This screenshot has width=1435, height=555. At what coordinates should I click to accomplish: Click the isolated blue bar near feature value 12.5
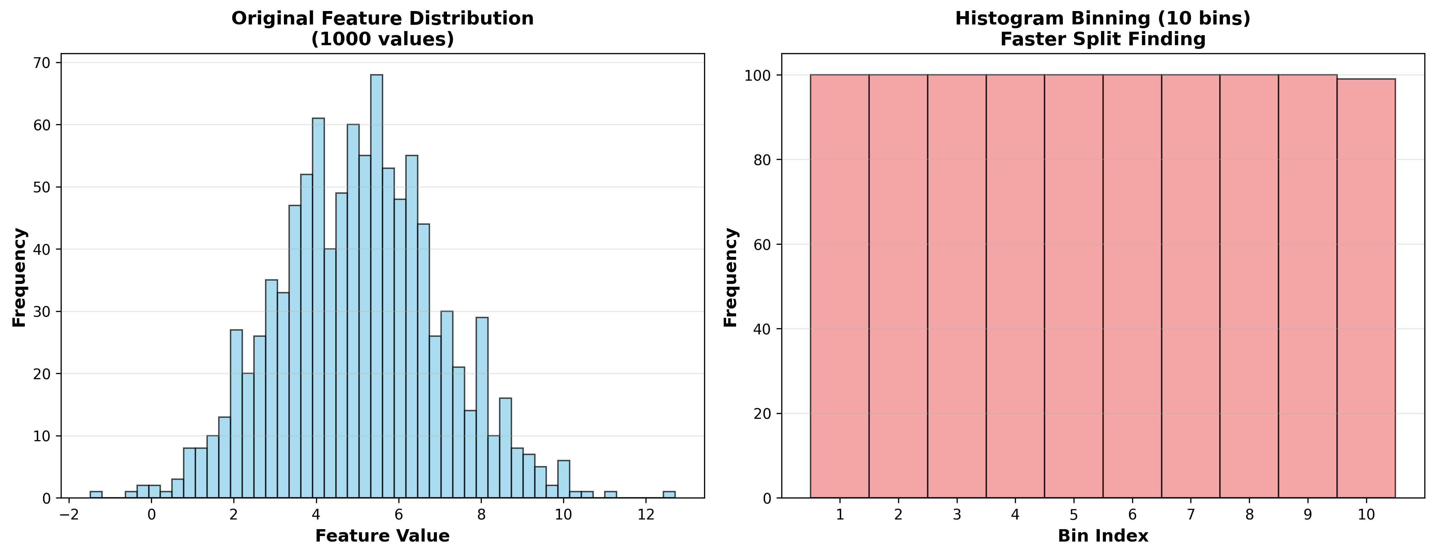(669, 495)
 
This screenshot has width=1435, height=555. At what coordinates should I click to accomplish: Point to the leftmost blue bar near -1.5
(96, 495)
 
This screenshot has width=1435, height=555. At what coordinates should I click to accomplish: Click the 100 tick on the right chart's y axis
(759, 75)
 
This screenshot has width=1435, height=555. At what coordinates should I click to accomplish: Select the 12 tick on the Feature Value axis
(645, 514)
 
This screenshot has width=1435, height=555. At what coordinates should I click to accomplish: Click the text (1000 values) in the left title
(382, 40)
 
